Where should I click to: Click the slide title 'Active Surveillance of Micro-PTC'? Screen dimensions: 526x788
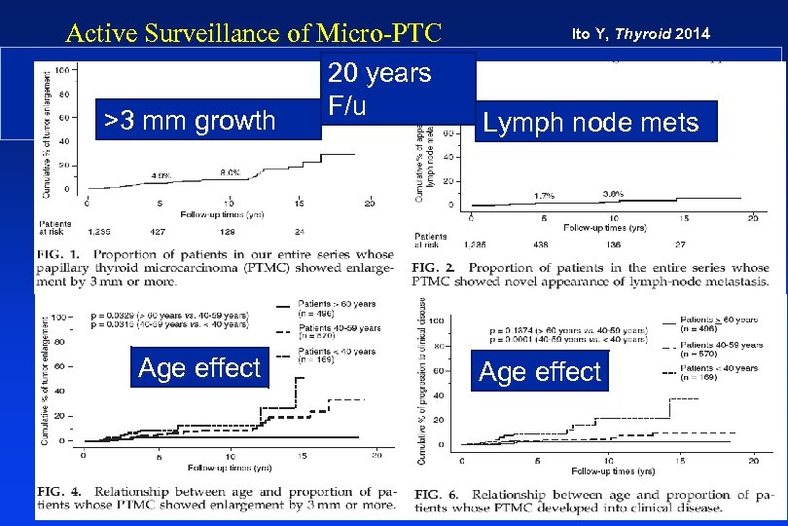click(x=253, y=33)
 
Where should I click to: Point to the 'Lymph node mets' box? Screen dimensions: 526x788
click(x=594, y=122)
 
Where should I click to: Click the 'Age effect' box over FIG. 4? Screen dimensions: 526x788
click(x=199, y=368)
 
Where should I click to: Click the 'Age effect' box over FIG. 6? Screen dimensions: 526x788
click(x=541, y=371)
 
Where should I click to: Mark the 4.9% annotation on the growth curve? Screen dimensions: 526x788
click(x=161, y=176)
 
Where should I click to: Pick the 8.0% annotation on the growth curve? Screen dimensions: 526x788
click(x=230, y=171)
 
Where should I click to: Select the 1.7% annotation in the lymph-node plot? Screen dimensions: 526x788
click(x=545, y=196)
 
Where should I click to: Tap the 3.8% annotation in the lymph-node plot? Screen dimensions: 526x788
click(x=613, y=194)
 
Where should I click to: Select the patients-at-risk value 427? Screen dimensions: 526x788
click(x=161, y=232)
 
